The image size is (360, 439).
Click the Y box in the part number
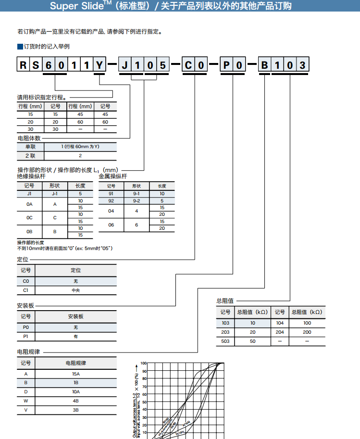(99, 65)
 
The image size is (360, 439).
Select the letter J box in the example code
(124, 65)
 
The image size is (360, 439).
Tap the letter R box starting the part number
(23, 65)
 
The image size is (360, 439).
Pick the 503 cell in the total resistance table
(225, 341)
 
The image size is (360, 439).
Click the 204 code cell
(280, 332)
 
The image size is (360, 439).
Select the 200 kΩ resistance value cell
(307, 332)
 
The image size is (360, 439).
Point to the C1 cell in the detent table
(26, 290)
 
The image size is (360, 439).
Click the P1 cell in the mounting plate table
(26, 337)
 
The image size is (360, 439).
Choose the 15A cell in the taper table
(76, 374)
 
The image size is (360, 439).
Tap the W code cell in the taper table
(26, 401)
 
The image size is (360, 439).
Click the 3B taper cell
(76, 410)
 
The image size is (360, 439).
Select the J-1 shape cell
(55, 194)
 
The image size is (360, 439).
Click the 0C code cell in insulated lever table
(29, 218)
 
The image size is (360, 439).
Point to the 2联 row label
(30, 156)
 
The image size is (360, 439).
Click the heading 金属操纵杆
(112, 176)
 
